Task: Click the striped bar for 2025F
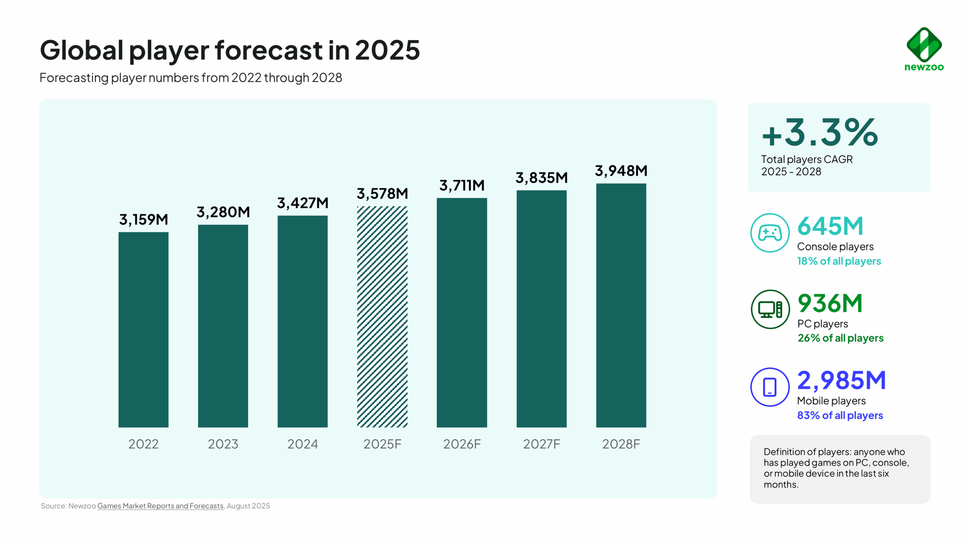click(x=382, y=317)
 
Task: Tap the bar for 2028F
click(x=621, y=305)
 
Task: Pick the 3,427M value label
click(x=302, y=203)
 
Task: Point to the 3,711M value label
click(x=462, y=185)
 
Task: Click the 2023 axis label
click(x=223, y=444)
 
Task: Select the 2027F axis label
click(x=541, y=444)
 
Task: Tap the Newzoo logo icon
click(x=924, y=45)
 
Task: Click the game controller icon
click(x=770, y=233)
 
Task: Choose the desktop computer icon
click(x=770, y=309)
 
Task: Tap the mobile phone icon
click(x=770, y=387)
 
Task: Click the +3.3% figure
click(x=820, y=132)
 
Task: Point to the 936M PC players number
click(x=830, y=303)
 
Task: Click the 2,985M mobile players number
click(x=841, y=380)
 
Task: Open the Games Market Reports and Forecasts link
click(x=160, y=506)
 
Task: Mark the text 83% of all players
click(x=840, y=416)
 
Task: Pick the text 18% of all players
click(x=839, y=261)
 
